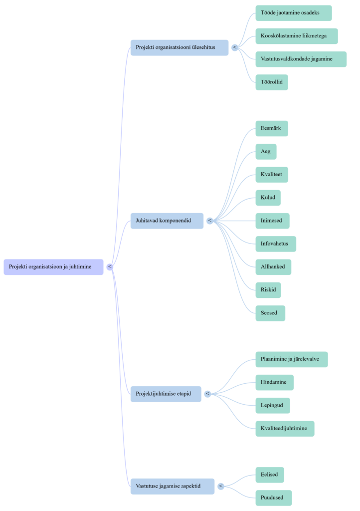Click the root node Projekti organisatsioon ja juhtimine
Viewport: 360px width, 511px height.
tap(54, 267)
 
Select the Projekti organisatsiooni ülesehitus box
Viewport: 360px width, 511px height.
tap(179, 47)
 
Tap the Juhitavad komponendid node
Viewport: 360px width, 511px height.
tap(167, 221)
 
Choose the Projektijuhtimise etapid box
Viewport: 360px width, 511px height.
tap(166, 394)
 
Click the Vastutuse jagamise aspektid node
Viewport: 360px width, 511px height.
tap(173, 486)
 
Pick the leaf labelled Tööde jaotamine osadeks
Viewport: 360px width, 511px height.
tap(293, 13)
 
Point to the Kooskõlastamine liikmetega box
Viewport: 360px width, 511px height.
tap(297, 36)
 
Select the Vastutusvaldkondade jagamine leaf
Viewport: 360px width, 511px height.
tap(301, 59)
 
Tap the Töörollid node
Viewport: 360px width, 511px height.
tap(272, 82)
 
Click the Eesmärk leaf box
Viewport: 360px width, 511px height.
tap(272, 128)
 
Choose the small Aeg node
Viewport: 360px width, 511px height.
tap(266, 151)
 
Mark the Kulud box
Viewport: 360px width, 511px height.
tap(268, 198)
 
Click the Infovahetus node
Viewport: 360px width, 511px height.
tap(276, 244)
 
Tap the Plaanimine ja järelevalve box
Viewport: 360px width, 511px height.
tap(292, 359)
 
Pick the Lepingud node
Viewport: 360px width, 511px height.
tap(273, 405)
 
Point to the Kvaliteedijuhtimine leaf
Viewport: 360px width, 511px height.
tap(285, 428)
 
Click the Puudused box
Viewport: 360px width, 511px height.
tap(273, 498)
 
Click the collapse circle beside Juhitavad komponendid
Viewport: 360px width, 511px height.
tap(209, 221)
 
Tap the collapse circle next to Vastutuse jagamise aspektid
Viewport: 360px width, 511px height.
tap(220, 486)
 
